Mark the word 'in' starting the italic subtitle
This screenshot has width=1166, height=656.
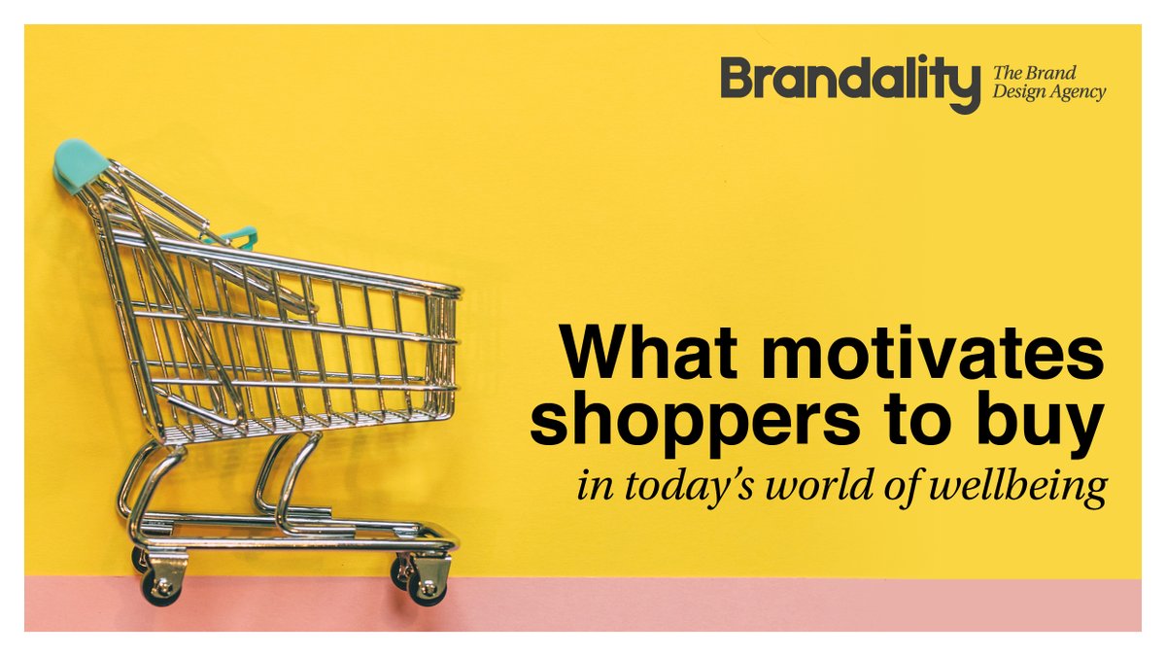point(589,486)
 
